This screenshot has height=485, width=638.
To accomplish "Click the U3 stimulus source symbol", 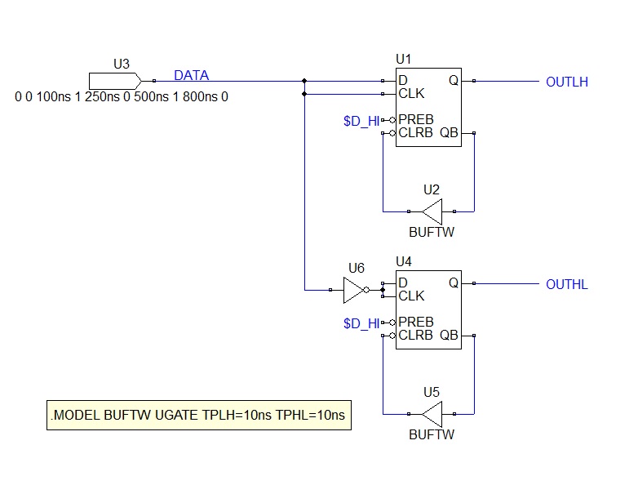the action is (x=115, y=81).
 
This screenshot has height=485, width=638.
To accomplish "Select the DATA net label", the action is (x=191, y=75).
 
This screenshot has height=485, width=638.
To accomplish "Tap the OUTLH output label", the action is (x=567, y=82).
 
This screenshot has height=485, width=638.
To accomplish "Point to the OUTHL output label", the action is (x=567, y=284).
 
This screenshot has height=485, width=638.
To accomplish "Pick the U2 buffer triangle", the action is (x=432, y=211).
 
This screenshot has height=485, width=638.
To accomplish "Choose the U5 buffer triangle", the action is (x=432, y=414).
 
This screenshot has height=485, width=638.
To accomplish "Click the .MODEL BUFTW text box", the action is (x=199, y=415).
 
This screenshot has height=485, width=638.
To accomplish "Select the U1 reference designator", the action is (x=404, y=60).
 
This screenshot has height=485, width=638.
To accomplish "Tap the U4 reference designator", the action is (x=404, y=261).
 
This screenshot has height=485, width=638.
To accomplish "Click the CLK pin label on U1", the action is (x=411, y=94).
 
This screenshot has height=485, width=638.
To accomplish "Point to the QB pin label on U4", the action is (x=449, y=335).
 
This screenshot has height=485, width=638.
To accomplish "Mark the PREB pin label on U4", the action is (x=416, y=323).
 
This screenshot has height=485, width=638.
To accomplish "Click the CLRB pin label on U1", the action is (x=415, y=133).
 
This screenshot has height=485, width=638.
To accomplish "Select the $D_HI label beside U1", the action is (x=361, y=122).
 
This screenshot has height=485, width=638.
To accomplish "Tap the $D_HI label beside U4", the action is (x=361, y=323).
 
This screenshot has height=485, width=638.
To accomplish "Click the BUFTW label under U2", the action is (x=432, y=232).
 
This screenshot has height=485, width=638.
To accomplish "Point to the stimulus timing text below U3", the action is (x=122, y=97).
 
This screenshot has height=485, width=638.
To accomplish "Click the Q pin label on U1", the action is (x=454, y=81).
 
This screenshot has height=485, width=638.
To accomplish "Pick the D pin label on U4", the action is (x=403, y=283).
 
